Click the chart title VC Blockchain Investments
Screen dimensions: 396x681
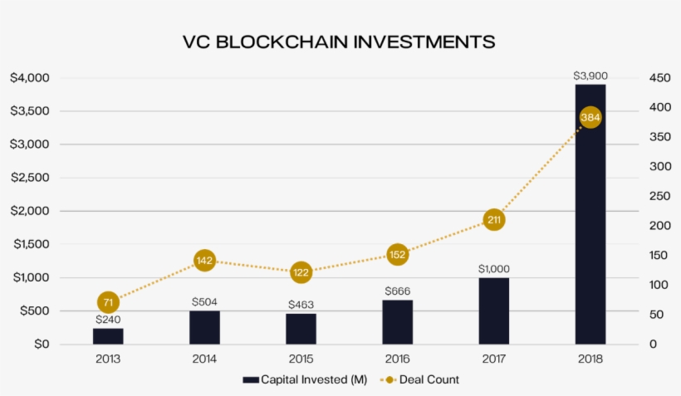point(339,42)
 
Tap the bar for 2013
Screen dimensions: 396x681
point(108,335)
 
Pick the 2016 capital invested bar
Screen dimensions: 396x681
point(397,321)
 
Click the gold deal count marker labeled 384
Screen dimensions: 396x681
point(590,118)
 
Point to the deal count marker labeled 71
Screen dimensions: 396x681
point(107,302)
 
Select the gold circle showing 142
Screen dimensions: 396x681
point(204,261)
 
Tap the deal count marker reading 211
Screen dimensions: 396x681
point(493,220)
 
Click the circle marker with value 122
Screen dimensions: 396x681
point(301,272)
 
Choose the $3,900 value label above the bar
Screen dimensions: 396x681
point(590,76)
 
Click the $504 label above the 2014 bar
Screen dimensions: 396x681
point(204,302)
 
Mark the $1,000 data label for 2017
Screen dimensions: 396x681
point(493,269)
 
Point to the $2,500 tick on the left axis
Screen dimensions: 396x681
point(31,178)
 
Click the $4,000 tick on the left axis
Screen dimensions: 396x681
point(31,78)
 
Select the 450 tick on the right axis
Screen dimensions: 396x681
point(659,78)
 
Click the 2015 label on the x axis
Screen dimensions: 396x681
point(301,359)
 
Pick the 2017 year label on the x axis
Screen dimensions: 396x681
point(493,359)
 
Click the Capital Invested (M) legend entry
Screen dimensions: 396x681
point(305,379)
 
